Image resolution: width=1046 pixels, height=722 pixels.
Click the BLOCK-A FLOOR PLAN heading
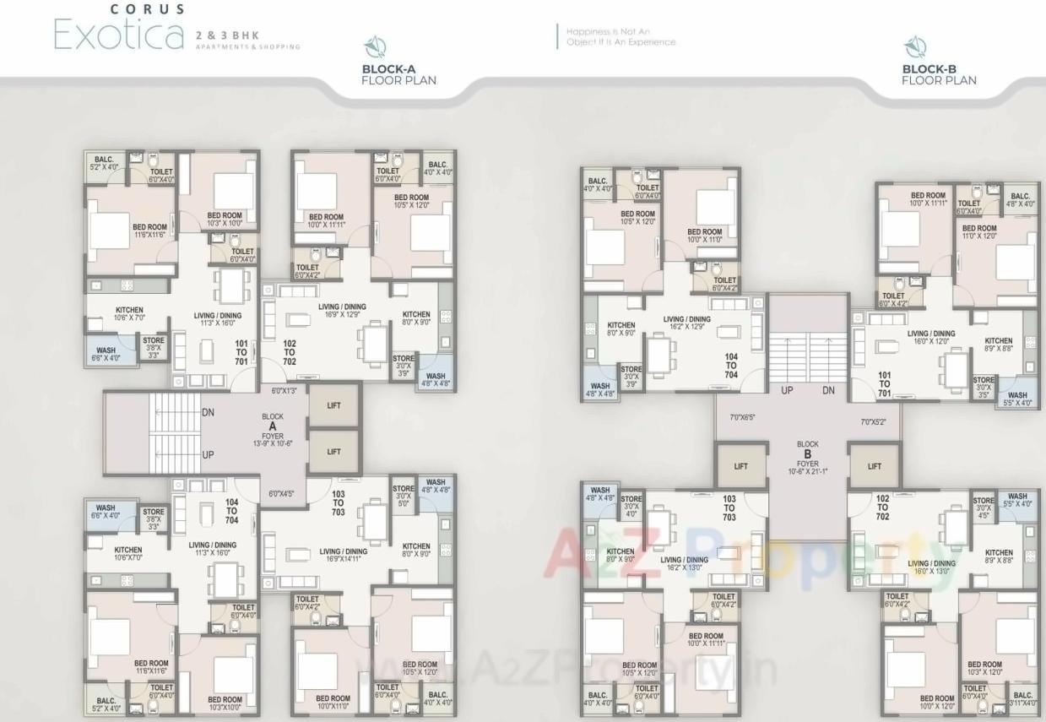click(398, 75)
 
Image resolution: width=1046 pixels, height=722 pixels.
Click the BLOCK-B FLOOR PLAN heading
click(939, 75)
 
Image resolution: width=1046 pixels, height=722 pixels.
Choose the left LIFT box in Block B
click(740, 466)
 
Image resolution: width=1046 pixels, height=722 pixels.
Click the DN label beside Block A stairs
click(208, 412)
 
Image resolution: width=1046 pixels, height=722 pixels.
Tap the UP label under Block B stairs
click(786, 391)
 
